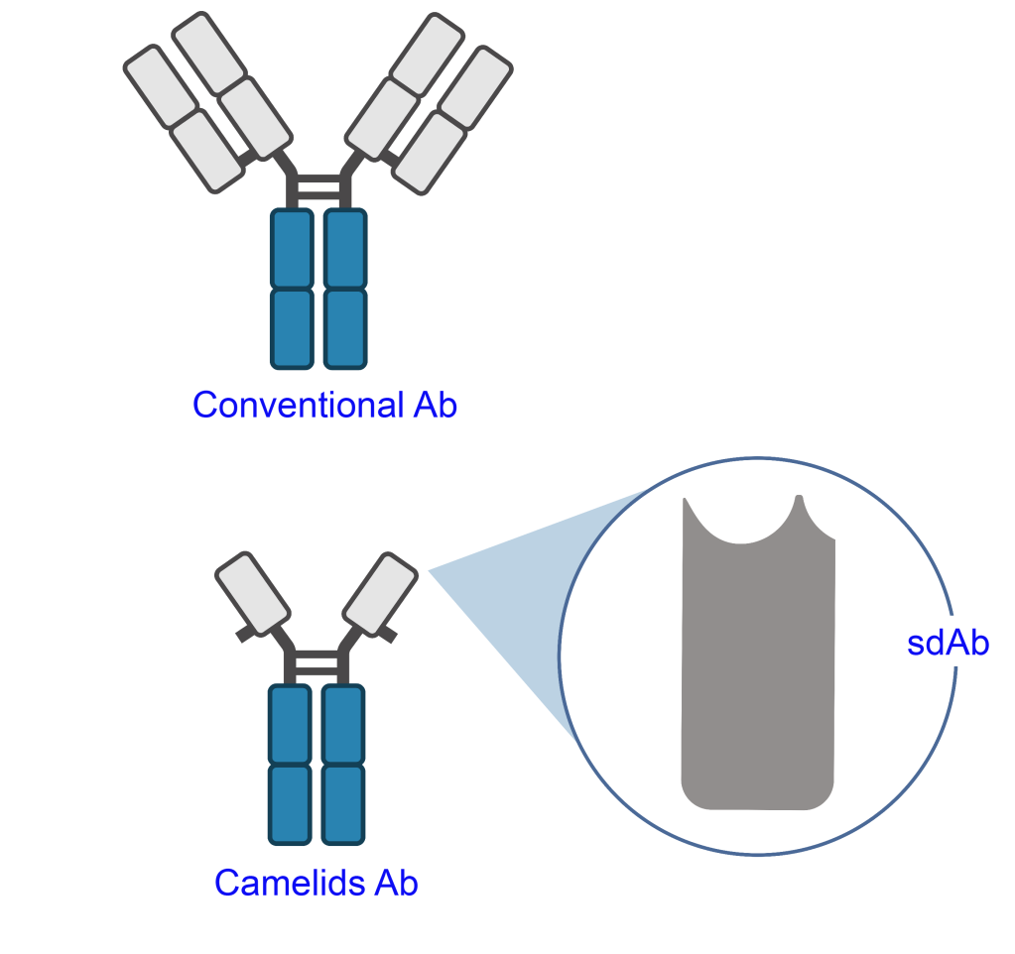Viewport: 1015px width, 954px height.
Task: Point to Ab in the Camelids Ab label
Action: click(396, 883)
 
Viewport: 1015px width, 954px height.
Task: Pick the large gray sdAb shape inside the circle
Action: click(758, 674)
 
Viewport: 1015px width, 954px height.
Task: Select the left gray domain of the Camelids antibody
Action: click(253, 593)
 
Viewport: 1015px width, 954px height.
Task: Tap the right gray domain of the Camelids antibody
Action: click(380, 592)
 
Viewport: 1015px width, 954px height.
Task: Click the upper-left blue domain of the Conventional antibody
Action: click(293, 249)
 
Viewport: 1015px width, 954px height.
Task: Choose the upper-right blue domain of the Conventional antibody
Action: click(345, 249)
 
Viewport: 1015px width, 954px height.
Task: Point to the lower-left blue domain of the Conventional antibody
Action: click(293, 328)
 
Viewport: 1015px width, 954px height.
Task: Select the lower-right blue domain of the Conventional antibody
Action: click(345, 328)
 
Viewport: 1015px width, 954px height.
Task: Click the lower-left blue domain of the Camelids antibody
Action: click(291, 804)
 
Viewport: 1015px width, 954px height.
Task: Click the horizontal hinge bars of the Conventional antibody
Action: click(318, 186)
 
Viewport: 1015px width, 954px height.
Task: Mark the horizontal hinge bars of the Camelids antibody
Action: click(317, 662)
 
